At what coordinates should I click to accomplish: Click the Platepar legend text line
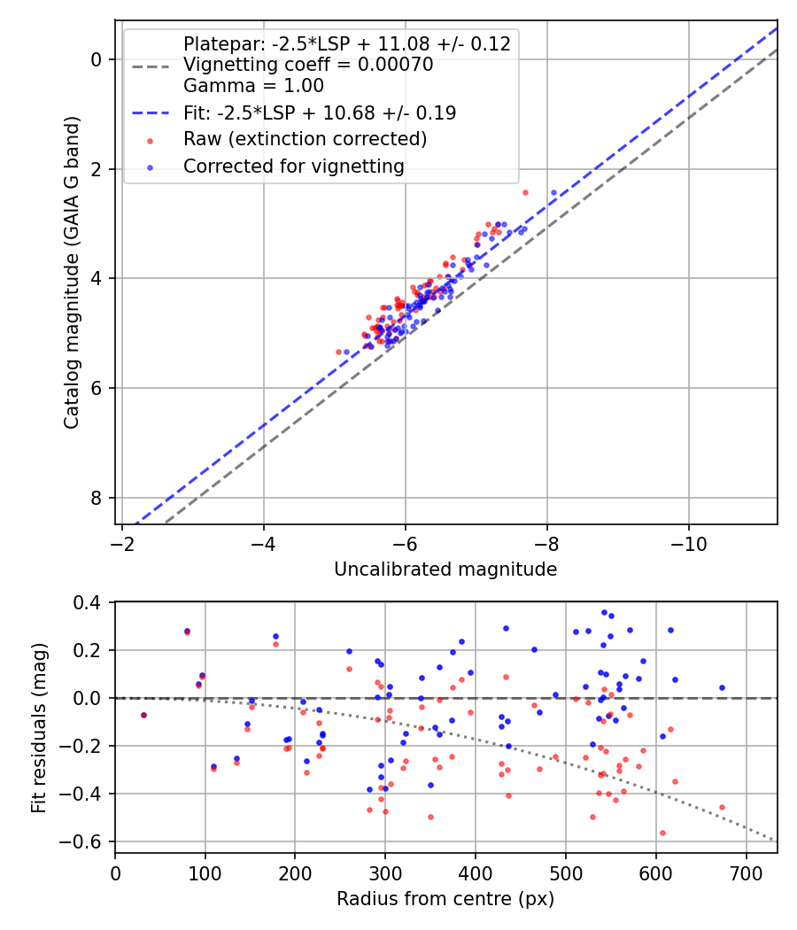[x=346, y=44]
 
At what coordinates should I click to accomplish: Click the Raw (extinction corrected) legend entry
[x=305, y=139]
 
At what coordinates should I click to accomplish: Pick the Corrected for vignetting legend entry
[x=293, y=166]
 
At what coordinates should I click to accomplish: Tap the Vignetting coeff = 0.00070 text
[x=307, y=65]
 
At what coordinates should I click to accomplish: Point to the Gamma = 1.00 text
[x=253, y=86]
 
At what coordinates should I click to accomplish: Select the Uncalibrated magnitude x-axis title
[x=445, y=570]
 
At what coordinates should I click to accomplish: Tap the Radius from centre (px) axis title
[x=445, y=899]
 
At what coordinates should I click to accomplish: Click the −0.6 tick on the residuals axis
[x=90, y=841]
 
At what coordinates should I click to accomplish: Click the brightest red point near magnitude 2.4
[x=525, y=192]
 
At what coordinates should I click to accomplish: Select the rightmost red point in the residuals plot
[x=722, y=807]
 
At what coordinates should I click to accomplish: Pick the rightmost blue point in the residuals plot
[x=722, y=687]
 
